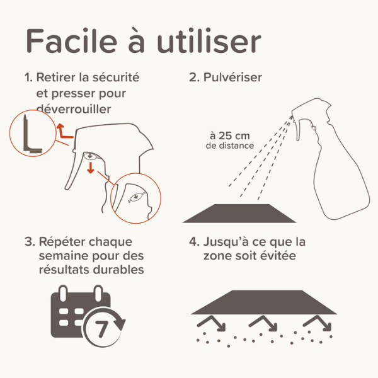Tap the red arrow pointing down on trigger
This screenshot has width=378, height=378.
pos(91,168)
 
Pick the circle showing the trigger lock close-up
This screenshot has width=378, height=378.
pos(135,200)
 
